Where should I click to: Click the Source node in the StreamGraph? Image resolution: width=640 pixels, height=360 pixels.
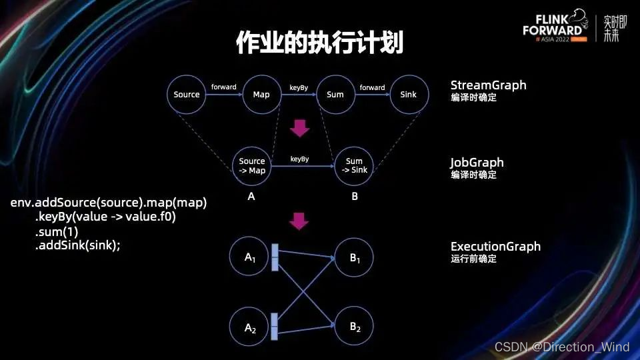[187, 95]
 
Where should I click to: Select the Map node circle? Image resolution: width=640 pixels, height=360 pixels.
[261, 95]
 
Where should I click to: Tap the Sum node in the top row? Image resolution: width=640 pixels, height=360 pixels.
[335, 95]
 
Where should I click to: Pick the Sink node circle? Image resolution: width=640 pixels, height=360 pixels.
[409, 95]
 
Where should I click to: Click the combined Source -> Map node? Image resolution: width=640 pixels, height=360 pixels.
[252, 166]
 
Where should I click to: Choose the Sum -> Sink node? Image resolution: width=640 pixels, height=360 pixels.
[354, 166]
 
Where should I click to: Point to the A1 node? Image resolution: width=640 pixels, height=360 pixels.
[250, 257]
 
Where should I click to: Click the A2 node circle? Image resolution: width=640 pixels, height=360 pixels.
[250, 327]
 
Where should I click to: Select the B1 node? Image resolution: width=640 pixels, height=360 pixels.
[354, 257]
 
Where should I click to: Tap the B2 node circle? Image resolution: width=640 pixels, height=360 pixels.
[354, 327]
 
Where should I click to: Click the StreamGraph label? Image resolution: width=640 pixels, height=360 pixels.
[488, 85]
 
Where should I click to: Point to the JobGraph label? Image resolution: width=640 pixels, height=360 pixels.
[477, 163]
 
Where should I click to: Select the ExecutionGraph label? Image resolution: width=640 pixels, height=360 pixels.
[495, 247]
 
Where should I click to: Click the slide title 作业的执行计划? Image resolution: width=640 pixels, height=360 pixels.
[320, 43]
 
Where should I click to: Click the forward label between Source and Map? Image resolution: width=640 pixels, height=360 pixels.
[224, 87]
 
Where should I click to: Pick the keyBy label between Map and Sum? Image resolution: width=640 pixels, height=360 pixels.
[298, 87]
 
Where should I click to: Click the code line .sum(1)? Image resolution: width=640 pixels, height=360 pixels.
[57, 232]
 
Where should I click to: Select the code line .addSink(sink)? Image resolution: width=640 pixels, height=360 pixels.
[78, 245]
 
